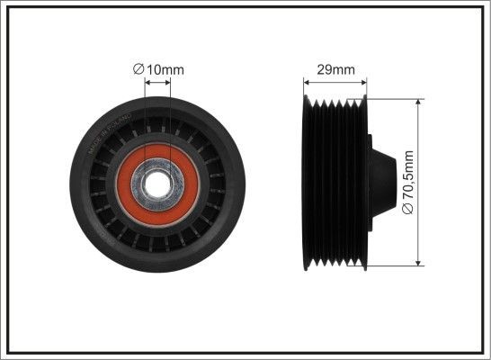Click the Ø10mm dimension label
pyautogui.click(x=157, y=69)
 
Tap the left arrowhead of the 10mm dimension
pyautogui.click(x=147, y=84)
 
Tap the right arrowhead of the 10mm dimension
pyautogui.click(x=168, y=84)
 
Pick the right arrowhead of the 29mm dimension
pyautogui.click(x=365, y=84)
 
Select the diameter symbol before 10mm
pyautogui.click(x=138, y=69)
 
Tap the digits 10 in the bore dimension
pyautogui.click(x=151, y=69)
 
